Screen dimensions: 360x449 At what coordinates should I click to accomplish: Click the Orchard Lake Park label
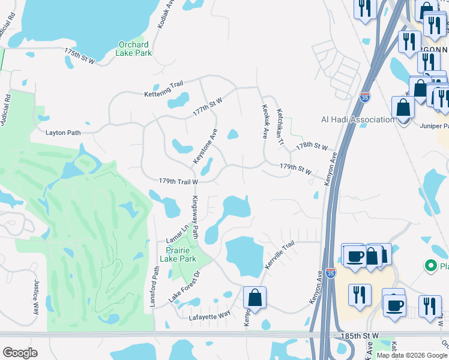pyautogui.click(x=134, y=49)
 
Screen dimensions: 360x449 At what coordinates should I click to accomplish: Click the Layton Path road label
pyautogui.click(x=64, y=132)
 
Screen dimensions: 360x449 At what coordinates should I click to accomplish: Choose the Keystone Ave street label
pyautogui.click(x=205, y=146)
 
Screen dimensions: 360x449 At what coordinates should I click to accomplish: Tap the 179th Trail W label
pyautogui.click(x=178, y=181)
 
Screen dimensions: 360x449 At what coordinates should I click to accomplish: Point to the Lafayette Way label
pyautogui.click(x=209, y=316)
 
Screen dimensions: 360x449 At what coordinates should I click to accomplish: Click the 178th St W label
pyautogui.click(x=312, y=147)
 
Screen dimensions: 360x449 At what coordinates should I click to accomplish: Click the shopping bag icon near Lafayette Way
pyautogui.click(x=255, y=298)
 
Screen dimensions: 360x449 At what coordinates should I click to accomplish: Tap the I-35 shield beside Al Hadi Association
pyautogui.click(x=365, y=97)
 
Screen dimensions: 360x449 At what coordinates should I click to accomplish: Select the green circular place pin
pyautogui.click(x=430, y=265)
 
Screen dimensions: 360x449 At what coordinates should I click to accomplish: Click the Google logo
pyautogui.click(x=20, y=353)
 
